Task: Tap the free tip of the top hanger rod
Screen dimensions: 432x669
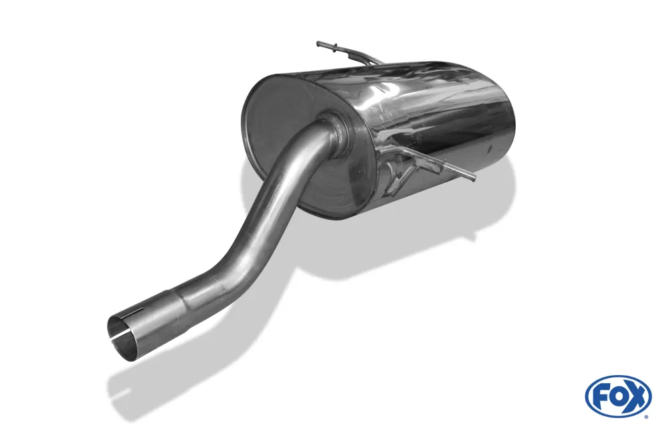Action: tap(318, 44)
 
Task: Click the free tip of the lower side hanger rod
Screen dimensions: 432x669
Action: tap(473, 178)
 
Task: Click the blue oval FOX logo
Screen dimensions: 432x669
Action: tap(618, 397)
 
